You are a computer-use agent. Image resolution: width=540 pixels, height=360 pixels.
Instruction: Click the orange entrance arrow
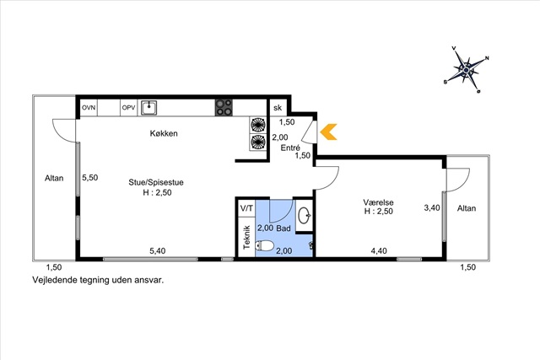pos(328,132)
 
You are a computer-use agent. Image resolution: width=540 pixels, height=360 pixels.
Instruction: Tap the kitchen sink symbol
pos(148,108)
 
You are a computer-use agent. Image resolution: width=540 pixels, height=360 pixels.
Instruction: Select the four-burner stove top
pos(224,107)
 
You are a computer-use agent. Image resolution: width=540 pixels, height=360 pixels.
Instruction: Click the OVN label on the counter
pos(89,108)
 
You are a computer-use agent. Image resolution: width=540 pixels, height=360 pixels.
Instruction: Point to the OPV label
pos(128,108)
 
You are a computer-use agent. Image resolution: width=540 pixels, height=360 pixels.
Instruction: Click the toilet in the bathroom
pos(264,245)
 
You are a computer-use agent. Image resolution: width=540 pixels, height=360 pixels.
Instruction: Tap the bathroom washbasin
pos(305,216)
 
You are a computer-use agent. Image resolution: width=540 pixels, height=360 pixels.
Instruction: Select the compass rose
pos(467,70)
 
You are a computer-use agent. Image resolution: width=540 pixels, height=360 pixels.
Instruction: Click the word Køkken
pos(164,133)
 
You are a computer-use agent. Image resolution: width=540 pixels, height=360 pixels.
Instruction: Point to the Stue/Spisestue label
pos(156,182)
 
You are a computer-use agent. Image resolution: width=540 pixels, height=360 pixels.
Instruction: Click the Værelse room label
pos(378,202)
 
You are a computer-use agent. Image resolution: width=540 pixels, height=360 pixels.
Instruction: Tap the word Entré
pos(290,148)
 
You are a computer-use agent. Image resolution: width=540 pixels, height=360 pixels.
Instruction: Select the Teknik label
pos(246,237)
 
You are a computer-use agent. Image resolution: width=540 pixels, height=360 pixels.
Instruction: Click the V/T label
pos(246,208)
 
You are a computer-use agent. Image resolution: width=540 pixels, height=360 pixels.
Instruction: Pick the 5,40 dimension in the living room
pos(158,251)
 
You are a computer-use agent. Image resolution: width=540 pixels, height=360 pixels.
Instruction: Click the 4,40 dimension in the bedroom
pos(379,251)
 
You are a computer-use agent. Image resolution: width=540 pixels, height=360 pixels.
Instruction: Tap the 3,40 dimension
pos(432,208)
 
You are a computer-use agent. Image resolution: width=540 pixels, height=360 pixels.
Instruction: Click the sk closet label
pos(278,108)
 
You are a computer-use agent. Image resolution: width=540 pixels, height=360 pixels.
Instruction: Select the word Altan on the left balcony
pos(54,178)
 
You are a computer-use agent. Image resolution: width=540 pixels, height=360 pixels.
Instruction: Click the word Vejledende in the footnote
pos(54,280)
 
